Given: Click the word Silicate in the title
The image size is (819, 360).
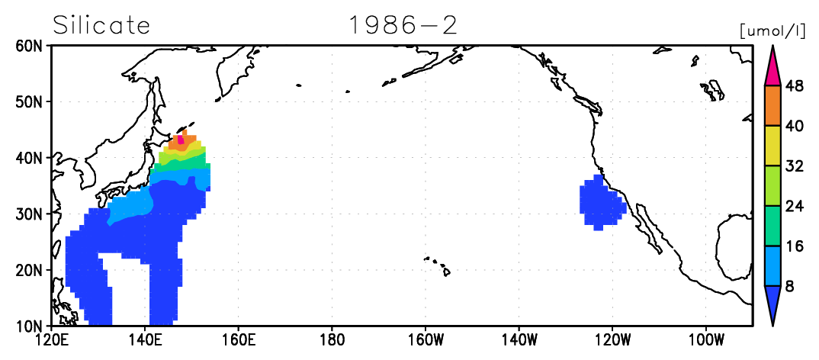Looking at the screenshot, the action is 102,25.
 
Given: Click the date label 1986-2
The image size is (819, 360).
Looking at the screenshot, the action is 403,25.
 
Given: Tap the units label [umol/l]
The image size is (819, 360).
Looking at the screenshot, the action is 777,31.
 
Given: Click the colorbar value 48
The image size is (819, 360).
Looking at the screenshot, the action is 795,85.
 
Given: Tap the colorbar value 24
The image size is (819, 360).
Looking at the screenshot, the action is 795,206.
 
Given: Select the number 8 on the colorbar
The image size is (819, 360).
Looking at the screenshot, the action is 790,286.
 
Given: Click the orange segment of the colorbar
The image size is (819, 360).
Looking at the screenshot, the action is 772,105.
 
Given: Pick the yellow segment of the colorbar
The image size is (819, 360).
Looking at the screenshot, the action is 772,146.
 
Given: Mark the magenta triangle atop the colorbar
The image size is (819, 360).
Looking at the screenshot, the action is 772,69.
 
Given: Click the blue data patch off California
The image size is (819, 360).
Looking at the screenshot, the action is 602,203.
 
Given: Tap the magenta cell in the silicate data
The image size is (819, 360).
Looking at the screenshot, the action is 181,139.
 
